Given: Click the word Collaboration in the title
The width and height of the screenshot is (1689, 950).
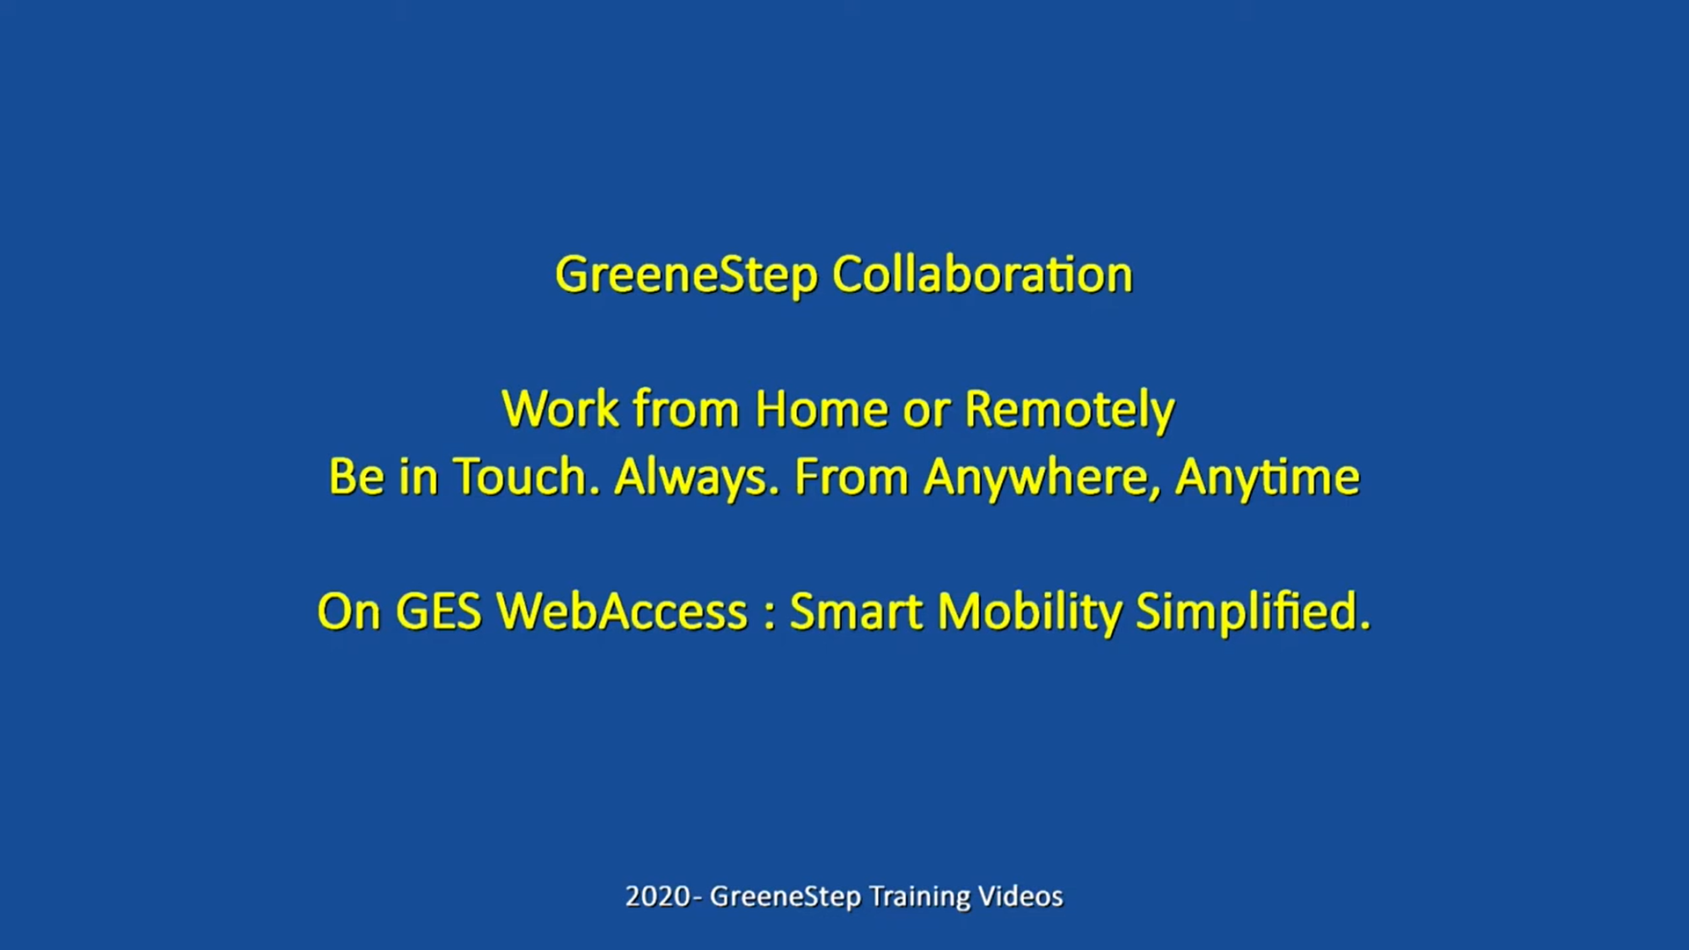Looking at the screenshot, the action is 983,274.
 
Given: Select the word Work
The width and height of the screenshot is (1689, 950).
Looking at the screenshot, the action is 560,409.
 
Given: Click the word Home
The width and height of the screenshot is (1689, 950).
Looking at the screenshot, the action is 822,409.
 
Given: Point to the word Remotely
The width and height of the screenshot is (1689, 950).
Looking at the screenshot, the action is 1070,411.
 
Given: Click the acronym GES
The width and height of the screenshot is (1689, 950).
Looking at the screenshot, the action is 439,611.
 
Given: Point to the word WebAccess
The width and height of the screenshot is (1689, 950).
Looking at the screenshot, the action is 622,611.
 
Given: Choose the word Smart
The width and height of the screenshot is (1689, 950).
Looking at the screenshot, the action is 857,611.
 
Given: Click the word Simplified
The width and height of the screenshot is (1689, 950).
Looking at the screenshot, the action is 1254,611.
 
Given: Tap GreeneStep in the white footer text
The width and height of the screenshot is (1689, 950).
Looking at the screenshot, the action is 786,897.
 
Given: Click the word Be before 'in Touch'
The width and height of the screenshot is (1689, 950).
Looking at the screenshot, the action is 356,477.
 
